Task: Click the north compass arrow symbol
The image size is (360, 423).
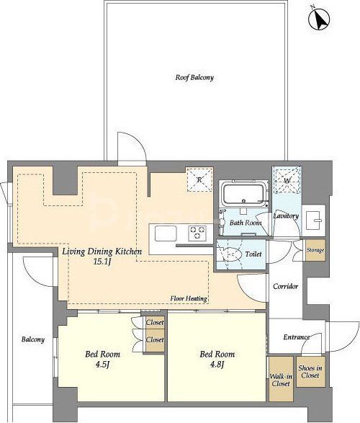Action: tap(319, 19)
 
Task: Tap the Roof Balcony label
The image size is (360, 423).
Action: tap(194, 77)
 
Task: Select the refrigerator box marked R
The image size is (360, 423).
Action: tap(199, 179)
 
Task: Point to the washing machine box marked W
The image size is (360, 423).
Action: tap(287, 180)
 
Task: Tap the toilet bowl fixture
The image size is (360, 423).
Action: tap(232, 254)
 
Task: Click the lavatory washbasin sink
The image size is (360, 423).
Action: tap(313, 221)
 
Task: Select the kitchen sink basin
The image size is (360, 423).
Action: tap(166, 233)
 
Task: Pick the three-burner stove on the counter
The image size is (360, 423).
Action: tap(198, 232)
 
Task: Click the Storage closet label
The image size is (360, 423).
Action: tap(315, 250)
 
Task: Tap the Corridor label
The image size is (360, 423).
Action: tap(285, 286)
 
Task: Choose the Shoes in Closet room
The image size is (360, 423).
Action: tap(311, 371)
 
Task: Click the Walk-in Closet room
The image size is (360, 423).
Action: tap(281, 379)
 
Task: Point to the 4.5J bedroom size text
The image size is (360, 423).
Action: tap(102, 365)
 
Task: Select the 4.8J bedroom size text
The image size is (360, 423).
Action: tap(217, 365)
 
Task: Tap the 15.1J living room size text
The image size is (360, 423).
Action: tap(102, 262)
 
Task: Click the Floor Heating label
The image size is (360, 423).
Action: tap(189, 298)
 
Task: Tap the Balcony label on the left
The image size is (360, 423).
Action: tap(33, 339)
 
